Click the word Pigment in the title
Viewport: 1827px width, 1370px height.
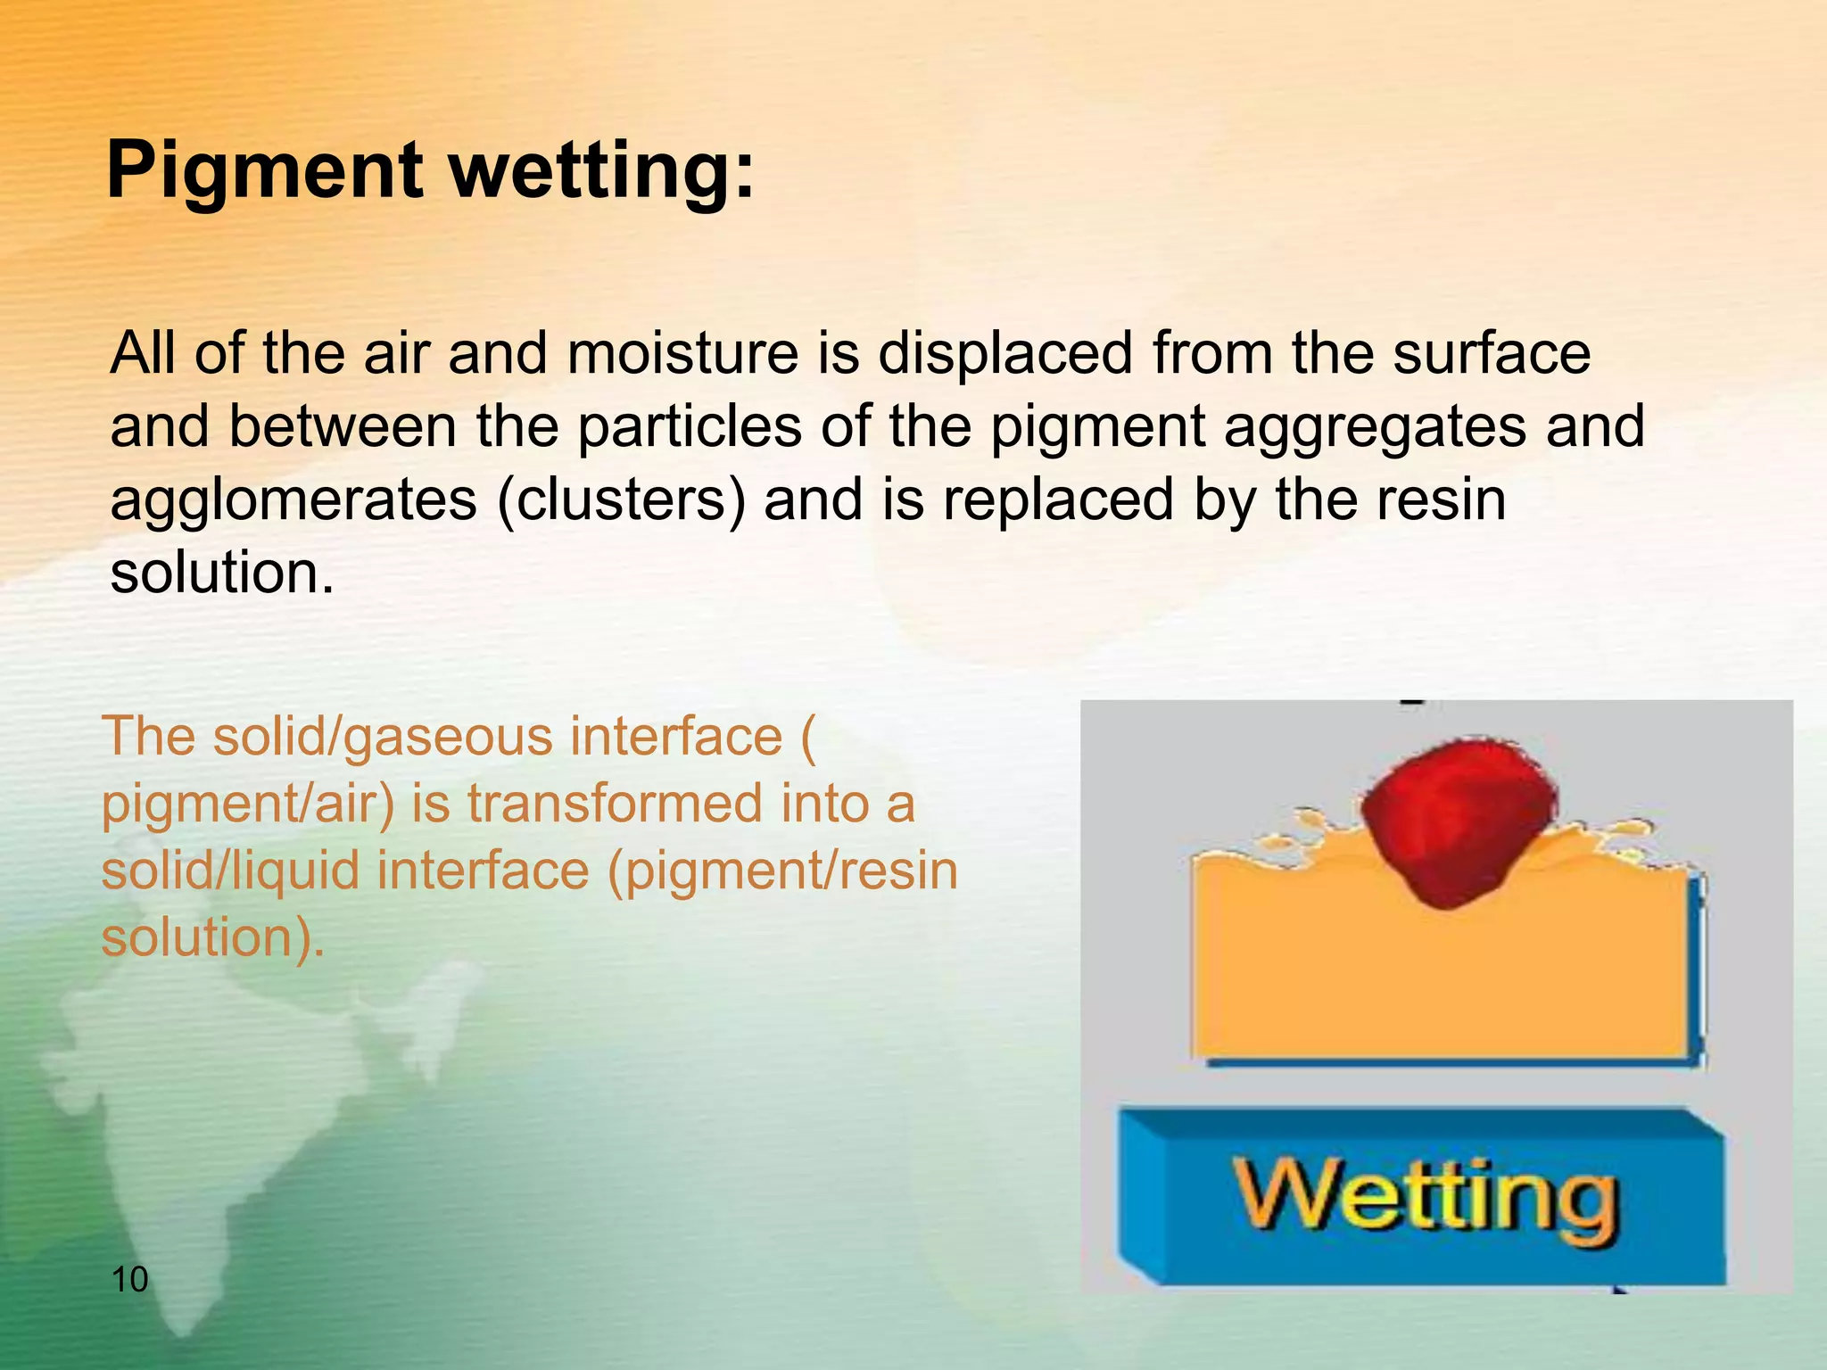pyautogui.click(x=264, y=171)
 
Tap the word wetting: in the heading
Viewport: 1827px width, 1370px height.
pyautogui.click(x=603, y=171)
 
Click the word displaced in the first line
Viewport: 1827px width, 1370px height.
pyautogui.click(x=1004, y=353)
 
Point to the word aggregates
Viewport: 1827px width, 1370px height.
pyautogui.click(x=1374, y=426)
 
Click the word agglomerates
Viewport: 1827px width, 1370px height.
pyautogui.click(x=293, y=499)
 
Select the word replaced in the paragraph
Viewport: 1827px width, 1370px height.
pyautogui.click(x=1058, y=499)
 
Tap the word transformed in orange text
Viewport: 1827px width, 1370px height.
pyautogui.click(x=616, y=804)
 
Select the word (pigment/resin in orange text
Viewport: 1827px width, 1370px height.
pyautogui.click(x=782, y=871)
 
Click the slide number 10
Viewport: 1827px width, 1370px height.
pyautogui.click(x=130, y=1280)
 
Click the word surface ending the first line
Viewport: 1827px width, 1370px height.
pyautogui.click(x=1492, y=353)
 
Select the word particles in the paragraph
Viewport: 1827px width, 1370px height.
pyautogui.click(x=690, y=426)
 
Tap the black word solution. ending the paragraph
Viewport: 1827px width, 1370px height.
pyautogui.click(x=221, y=573)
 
